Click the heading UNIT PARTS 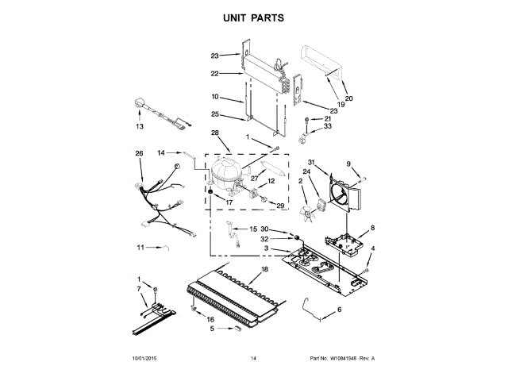tap(253, 17)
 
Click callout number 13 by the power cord tap(139, 126)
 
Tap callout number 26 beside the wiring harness tap(139, 153)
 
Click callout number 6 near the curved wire tap(339, 309)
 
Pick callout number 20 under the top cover tap(348, 98)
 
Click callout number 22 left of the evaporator tap(214, 74)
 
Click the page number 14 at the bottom tap(254, 359)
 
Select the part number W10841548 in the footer tap(345, 359)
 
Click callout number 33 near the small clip tap(327, 125)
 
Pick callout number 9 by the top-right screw tap(348, 164)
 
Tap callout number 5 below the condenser tap(212, 327)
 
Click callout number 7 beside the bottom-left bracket tap(140, 290)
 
